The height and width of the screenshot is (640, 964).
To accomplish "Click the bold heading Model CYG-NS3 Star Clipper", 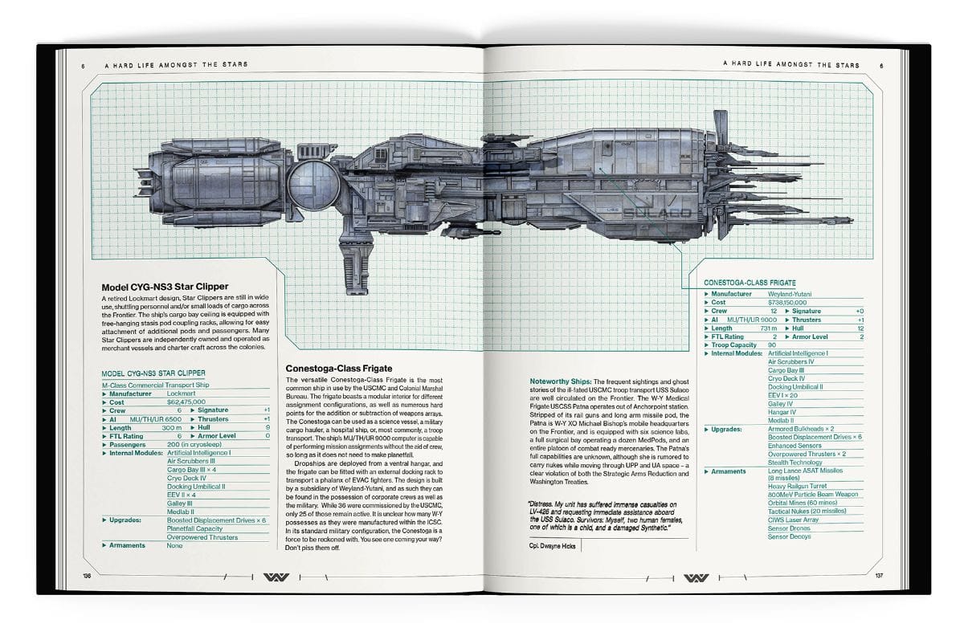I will (x=165, y=287).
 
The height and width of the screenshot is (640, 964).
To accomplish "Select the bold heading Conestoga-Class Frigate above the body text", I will (x=333, y=369).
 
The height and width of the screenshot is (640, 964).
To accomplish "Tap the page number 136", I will (x=86, y=576).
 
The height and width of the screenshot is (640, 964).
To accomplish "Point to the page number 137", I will (x=878, y=576).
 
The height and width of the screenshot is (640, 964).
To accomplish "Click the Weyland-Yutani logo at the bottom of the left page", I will (x=276, y=577).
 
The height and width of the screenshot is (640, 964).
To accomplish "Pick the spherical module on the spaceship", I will (x=308, y=187).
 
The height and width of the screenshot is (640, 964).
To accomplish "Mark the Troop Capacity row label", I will (x=733, y=344).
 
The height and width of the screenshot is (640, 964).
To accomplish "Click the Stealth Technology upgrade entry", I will (x=795, y=463).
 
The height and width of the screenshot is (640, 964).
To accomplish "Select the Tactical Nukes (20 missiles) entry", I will (x=807, y=511).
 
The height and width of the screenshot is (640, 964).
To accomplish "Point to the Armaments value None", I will (x=174, y=545).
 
